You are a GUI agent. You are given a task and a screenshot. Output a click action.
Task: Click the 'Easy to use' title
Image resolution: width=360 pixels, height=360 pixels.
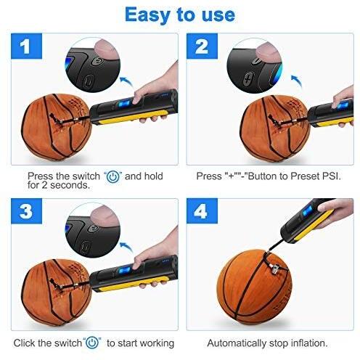[180, 15]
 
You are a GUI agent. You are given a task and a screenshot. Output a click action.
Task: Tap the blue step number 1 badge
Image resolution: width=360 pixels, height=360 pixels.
[26, 46]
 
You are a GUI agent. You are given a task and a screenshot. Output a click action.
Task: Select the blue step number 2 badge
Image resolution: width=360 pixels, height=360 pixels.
[202, 46]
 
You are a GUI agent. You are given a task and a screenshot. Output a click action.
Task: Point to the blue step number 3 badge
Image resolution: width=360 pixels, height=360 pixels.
[26, 211]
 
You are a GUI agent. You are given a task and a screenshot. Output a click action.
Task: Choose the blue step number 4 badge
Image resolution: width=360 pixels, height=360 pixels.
[202, 211]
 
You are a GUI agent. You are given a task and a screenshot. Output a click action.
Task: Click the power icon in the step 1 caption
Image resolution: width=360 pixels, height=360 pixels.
[113, 176]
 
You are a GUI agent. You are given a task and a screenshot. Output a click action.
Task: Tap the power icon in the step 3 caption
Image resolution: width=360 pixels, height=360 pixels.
[92, 343]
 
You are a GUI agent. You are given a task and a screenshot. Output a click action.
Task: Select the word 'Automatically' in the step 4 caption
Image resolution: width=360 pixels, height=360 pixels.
[237, 343]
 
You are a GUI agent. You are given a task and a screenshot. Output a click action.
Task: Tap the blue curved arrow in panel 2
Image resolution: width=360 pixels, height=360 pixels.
[297, 81]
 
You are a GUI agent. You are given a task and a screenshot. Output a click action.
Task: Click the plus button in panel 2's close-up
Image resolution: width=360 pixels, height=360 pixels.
[247, 79]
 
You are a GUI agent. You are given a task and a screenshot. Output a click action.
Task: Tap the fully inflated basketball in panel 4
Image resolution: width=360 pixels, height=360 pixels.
[254, 287]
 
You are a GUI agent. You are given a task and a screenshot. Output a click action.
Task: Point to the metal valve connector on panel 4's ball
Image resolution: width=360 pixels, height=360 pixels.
[274, 268]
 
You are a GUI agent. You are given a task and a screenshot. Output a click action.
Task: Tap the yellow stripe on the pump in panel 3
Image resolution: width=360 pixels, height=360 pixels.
[131, 284]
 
